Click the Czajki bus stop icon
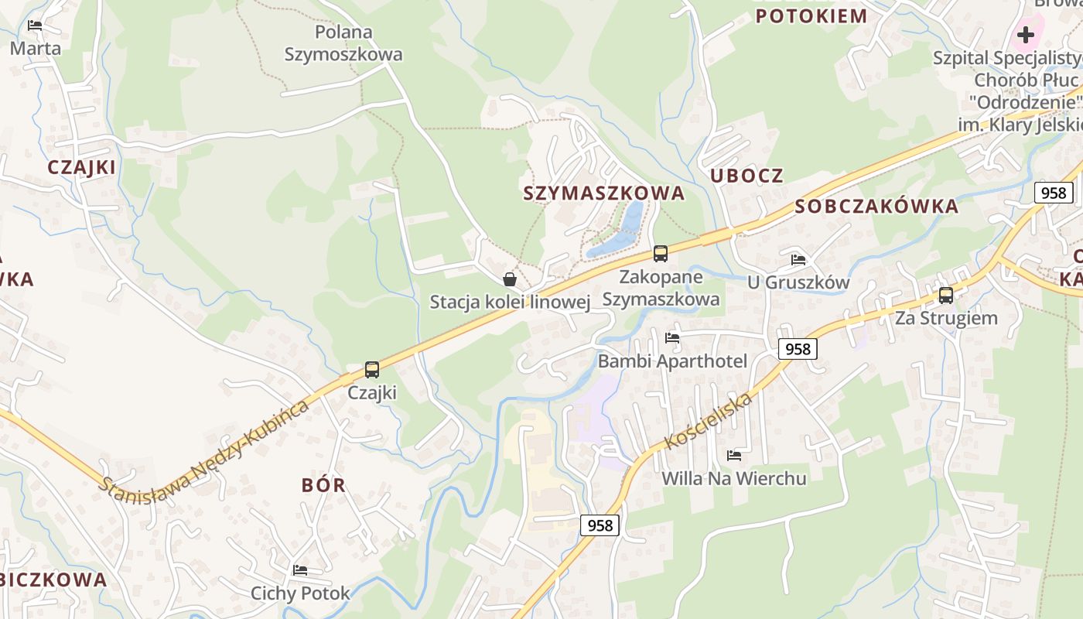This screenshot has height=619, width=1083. click(372, 370)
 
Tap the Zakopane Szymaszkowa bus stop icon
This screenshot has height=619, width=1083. click(660, 253)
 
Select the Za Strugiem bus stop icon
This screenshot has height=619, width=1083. click(945, 295)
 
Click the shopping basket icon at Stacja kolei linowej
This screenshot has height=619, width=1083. click(510, 279)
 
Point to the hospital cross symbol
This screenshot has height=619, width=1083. click(1025, 35)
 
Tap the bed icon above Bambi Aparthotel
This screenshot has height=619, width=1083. click(672, 338)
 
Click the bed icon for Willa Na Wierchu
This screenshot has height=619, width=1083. click(733, 456)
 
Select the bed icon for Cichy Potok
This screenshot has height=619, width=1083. click(300, 570)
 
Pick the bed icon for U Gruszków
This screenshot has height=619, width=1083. click(798, 259)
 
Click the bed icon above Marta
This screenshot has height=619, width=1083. click(35, 26)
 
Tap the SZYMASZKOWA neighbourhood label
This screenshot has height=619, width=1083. click(604, 193)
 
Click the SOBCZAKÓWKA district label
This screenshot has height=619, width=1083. click(876, 207)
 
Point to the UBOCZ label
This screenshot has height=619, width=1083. click(746, 176)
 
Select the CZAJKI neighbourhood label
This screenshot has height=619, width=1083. click(81, 167)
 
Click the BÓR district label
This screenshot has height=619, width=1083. click(323, 486)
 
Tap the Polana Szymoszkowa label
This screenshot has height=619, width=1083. click(343, 43)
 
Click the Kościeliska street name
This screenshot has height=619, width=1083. click(708, 422)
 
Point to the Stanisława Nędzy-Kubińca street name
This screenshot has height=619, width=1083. click(205, 449)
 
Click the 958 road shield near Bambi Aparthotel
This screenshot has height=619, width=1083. click(798, 349)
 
